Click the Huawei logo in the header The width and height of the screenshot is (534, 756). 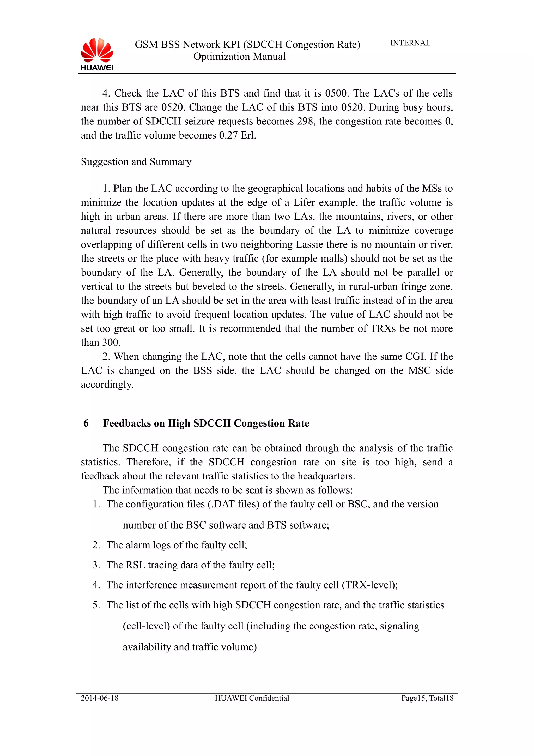96,54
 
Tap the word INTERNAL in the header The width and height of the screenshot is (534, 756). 410,43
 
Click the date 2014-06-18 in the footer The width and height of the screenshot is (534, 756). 99,698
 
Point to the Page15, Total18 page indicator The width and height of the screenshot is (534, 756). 427,698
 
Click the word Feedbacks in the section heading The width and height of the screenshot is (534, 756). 133,423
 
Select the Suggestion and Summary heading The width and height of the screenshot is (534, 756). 136,162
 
